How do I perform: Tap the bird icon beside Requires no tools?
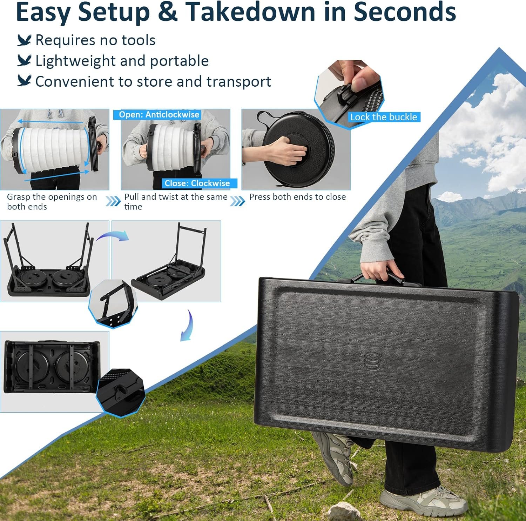[25, 40]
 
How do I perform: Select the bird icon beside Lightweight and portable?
[25, 60]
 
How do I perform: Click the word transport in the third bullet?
[238, 82]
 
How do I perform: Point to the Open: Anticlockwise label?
[159, 115]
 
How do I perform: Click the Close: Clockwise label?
[197, 183]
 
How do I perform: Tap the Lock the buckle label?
[384, 117]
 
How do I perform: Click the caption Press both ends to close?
[297, 197]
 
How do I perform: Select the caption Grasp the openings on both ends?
[52, 202]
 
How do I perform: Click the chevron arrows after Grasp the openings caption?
[113, 201]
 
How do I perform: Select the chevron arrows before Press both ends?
[238, 201]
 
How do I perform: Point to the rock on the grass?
[344, 512]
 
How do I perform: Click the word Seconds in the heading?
[405, 12]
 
